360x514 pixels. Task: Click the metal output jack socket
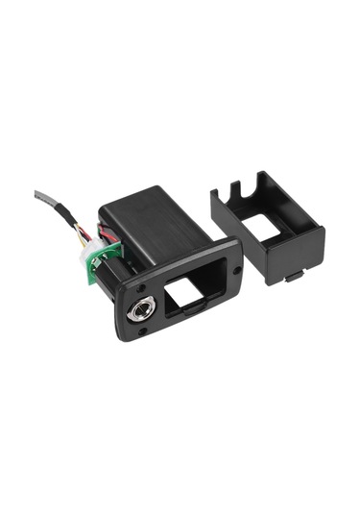coord(137,311)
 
